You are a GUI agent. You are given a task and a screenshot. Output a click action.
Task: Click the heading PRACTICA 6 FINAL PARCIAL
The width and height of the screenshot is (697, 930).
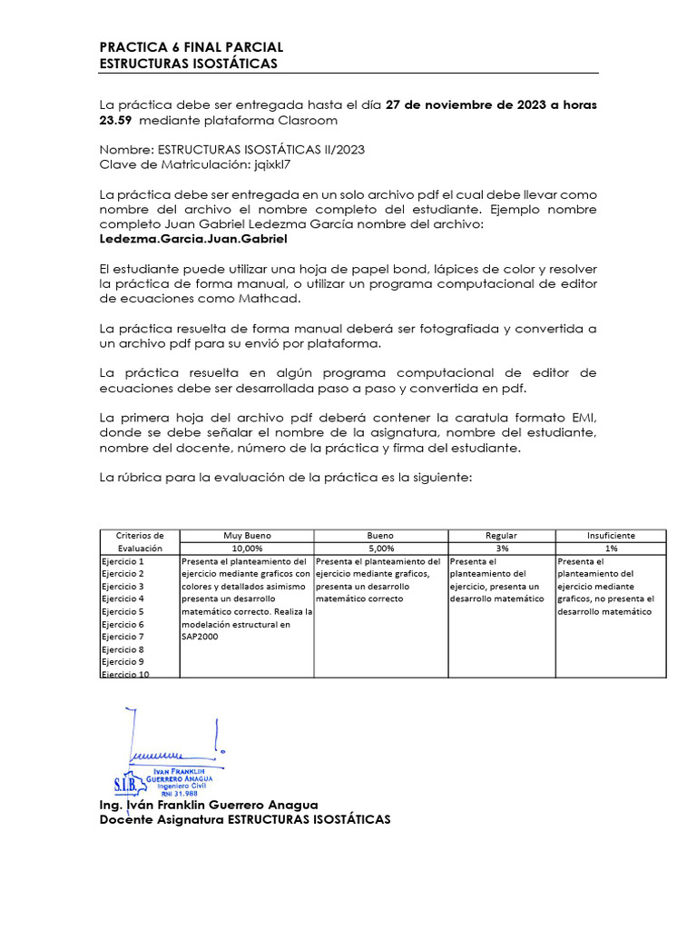[x=191, y=47]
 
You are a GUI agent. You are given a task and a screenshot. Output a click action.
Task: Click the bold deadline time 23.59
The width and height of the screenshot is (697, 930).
[x=116, y=120]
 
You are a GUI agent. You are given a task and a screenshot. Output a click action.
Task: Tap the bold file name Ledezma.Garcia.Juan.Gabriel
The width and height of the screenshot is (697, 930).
[x=192, y=240]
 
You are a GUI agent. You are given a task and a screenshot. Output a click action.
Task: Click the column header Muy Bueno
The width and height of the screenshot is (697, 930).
[x=247, y=536]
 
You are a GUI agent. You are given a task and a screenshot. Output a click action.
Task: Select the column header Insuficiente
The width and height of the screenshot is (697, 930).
[x=611, y=536]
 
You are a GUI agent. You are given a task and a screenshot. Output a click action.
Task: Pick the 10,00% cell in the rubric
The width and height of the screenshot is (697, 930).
[x=247, y=549]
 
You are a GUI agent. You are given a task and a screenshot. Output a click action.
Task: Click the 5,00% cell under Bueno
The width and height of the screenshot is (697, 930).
[x=380, y=549]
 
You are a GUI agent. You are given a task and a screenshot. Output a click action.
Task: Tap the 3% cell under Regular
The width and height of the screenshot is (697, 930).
[x=501, y=549]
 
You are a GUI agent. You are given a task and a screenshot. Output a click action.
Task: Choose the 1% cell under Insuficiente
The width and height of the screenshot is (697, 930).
[x=611, y=549]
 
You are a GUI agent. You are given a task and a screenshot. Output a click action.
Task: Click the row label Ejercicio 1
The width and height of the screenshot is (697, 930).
[x=123, y=562]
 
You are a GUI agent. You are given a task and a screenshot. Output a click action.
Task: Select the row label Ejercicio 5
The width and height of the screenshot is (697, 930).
[x=123, y=612]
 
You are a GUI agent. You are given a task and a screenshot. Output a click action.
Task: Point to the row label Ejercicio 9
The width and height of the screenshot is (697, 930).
[x=123, y=662]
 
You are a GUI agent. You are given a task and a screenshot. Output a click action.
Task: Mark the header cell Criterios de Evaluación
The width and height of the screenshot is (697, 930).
[x=140, y=542]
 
